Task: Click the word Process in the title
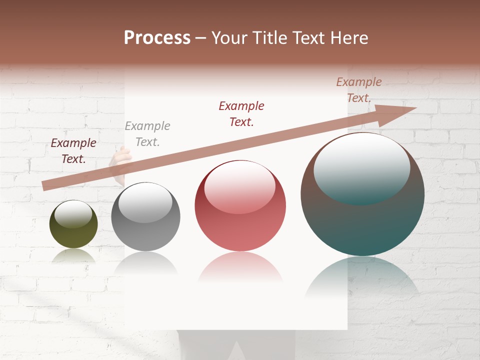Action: tap(157, 38)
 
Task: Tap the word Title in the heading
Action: tap(270, 38)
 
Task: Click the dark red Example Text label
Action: tap(73, 150)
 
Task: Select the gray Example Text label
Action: tap(147, 134)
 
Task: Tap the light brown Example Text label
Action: tap(359, 90)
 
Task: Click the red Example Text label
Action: tap(241, 113)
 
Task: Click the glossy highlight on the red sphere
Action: tap(239, 186)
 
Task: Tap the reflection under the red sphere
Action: tap(240, 267)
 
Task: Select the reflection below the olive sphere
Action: tap(73, 256)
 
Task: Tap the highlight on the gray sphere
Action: tap(145, 202)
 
